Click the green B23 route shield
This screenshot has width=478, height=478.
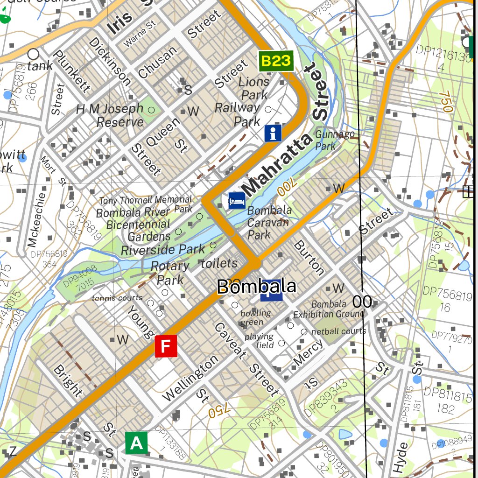pyautogui.click(x=276, y=61)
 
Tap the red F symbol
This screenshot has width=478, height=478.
pyautogui.click(x=166, y=346)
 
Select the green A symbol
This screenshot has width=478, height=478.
pyautogui.click(x=136, y=443)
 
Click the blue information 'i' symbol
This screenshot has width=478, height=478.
pyautogui.click(x=273, y=133)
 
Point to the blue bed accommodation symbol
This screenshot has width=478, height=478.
pyautogui.click(x=237, y=201)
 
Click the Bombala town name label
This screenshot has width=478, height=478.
pyautogui.click(x=257, y=287)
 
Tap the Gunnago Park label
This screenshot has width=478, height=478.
pyautogui.click(x=335, y=140)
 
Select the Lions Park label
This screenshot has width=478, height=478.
pyautogui.click(x=253, y=88)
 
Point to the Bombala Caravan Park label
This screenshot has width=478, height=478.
pyautogui.click(x=269, y=222)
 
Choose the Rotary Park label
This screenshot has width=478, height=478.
pyautogui.click(x=170, y=273)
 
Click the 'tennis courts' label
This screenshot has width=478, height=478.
pyautogui.click(x=117, y=298)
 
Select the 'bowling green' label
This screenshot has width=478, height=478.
pyautogui.click(x=255, y=317)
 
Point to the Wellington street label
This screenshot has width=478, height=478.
pyautogui.click(x=190, y=379)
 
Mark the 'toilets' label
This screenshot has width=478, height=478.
pyautogui.click(x=219, y=263)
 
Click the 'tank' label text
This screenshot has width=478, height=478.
pyautogui.click(x=40, y=66)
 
